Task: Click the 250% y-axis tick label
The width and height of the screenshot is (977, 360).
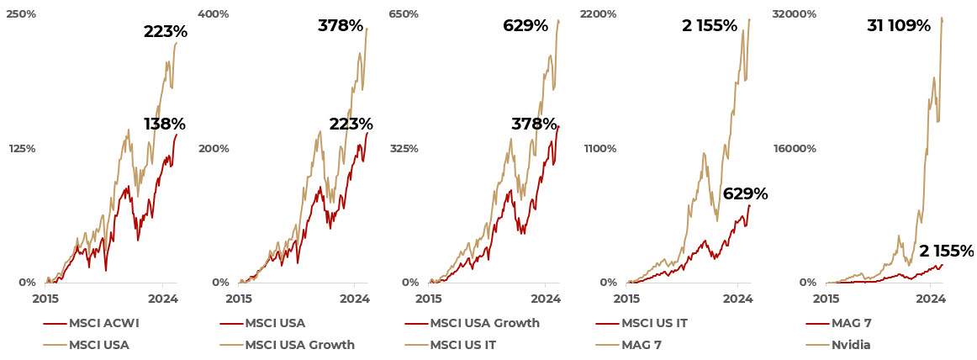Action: coord(21,14)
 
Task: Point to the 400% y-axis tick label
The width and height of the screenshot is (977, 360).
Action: coord(214,14)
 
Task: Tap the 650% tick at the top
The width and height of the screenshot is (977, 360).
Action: coord(404,14)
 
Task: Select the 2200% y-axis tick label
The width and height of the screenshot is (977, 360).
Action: coord(599,14)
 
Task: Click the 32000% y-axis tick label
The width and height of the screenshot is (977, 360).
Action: coord(795,14)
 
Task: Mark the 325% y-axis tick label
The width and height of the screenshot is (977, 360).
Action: coord(404,149)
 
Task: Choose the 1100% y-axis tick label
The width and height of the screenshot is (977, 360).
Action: coord(600,149)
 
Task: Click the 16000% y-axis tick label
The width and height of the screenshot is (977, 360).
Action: coord(795,149)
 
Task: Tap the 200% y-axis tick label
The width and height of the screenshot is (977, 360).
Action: coord(214,149)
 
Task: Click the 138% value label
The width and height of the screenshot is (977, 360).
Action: coord(165,124)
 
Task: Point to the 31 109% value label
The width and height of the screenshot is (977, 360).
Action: coord(899,26)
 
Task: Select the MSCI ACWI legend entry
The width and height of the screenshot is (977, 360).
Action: coord(103,323)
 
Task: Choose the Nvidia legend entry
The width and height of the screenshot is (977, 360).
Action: coord(851,345)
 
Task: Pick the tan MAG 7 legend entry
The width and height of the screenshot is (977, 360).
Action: coord(642,345)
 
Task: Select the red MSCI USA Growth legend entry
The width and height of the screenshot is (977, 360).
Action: coord(484,323)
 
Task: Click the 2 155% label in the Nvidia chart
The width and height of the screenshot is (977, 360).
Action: coord(946,251)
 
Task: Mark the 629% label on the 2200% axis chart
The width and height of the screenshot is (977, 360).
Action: coord(745,194)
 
